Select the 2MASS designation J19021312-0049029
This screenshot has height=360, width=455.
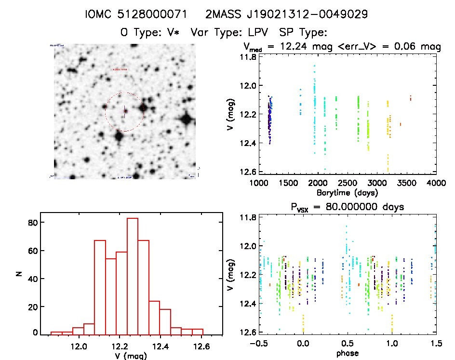286,14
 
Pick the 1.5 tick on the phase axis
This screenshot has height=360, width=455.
436,343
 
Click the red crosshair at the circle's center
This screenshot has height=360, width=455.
124,111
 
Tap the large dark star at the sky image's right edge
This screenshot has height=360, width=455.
186,119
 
